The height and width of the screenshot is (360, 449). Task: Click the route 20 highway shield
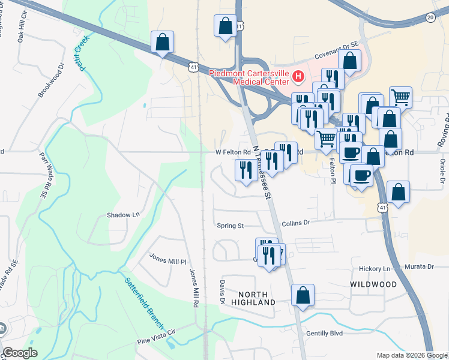[430, 18]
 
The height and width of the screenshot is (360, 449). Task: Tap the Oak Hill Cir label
[23, 29]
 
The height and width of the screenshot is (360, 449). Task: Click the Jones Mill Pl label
[168, 262]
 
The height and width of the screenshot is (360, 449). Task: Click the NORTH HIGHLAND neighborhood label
[256, 298]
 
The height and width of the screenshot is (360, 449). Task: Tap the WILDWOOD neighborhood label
[373, 284]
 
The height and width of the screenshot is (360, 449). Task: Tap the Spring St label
[231, 226]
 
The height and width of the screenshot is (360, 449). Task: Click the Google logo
[20, 353]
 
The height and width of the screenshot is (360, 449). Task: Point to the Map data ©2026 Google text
[412, 355]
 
